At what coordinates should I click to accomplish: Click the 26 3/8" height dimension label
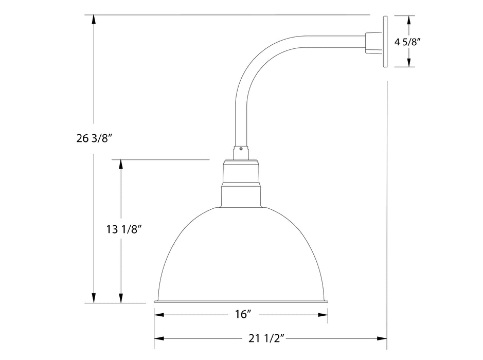point(94,137)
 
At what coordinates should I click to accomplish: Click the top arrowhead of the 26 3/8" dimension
point(94,20)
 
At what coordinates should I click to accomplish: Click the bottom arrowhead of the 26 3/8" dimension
point(94,298)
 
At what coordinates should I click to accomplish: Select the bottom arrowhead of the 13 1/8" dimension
point(121,298)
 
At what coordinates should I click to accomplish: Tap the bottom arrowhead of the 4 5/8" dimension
point(409,63)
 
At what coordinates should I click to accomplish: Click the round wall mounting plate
point(386,42)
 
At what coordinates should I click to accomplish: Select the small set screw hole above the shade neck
point(240,149)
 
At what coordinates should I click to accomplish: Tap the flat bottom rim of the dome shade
point(241,301)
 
